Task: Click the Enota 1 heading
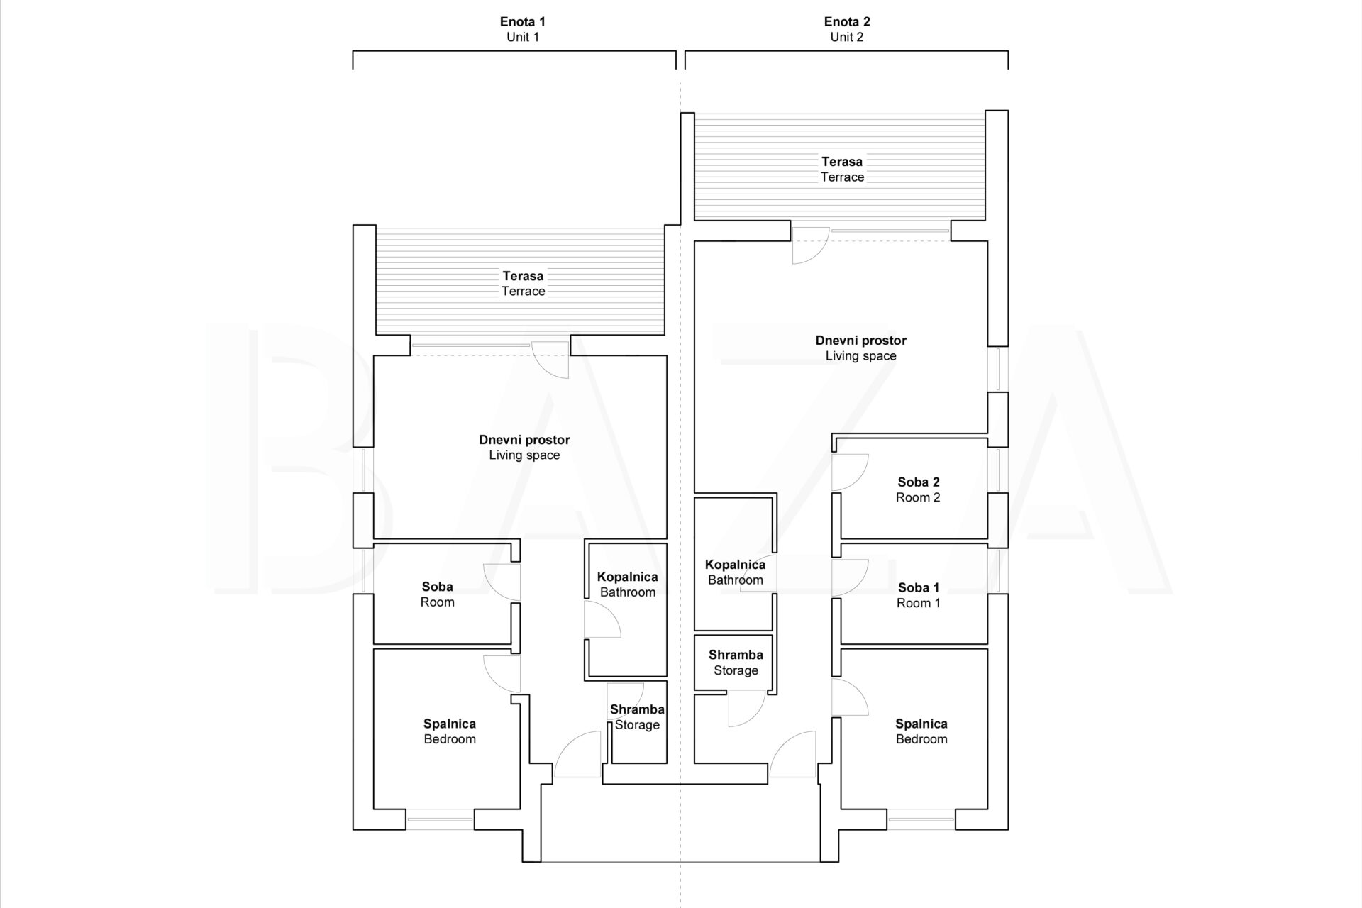point(523,22)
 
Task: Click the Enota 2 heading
point(847,22)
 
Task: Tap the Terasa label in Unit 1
point(524,276)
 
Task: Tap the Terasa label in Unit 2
point(842,162)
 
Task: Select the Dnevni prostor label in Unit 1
point(524,440)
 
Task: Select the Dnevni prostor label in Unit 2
point(861,340)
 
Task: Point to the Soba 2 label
point(918,482)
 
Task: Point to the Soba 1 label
point(918,587)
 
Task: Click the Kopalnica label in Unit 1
point(628,577)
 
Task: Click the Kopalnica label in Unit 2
point(736,565)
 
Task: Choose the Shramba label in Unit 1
point(637,709)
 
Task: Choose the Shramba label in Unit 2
point(736,655)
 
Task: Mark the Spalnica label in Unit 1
point(450,724)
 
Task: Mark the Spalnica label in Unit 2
point(921,724)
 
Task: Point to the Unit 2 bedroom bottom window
point(921,819)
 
